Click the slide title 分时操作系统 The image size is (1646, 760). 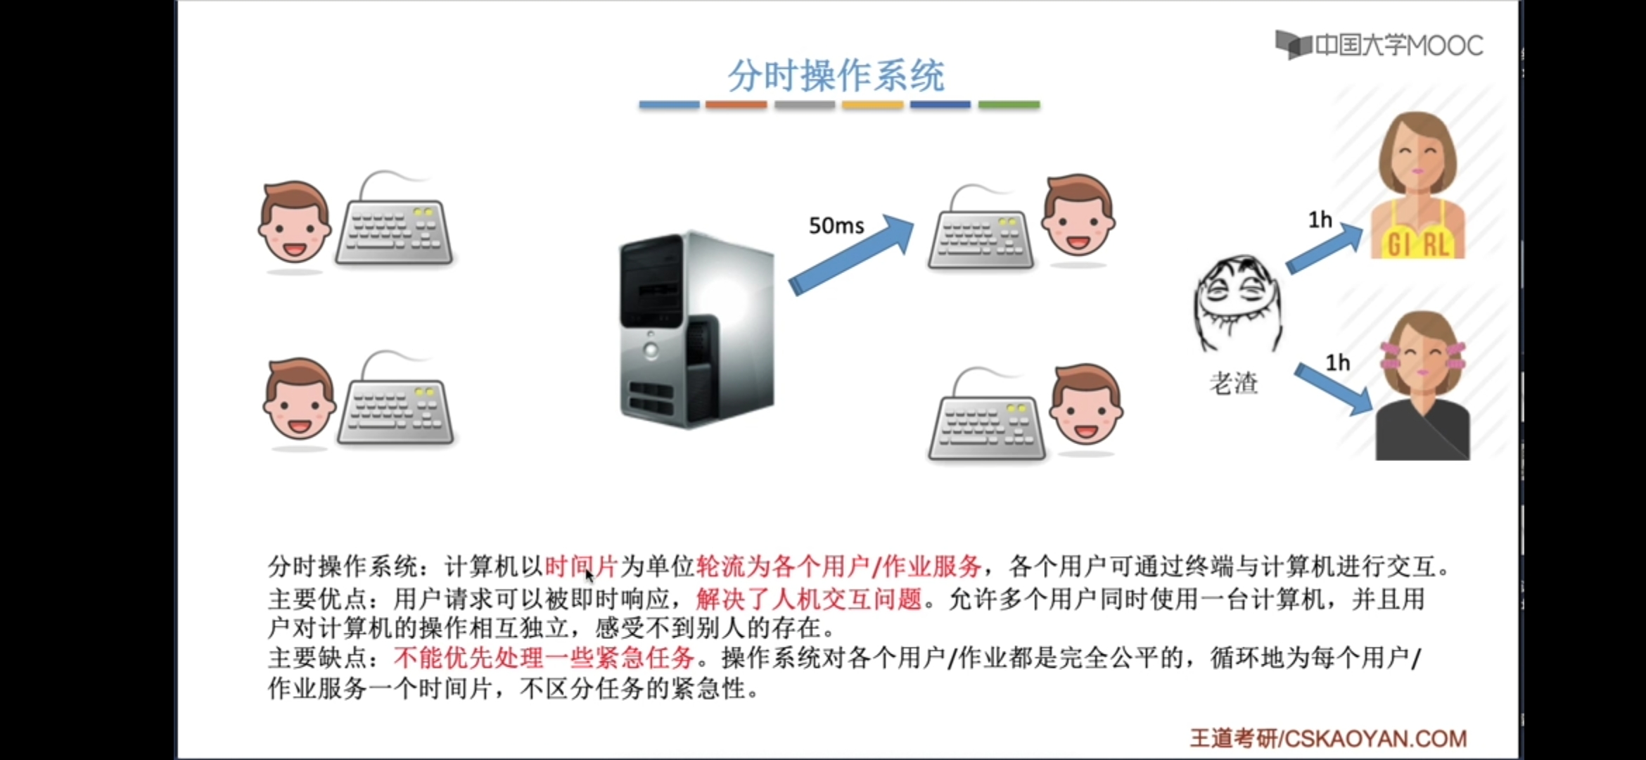pos(836,75)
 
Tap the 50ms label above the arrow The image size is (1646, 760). pos(836,226)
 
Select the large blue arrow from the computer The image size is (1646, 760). pos(851,255)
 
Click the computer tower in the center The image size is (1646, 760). pos(696,329)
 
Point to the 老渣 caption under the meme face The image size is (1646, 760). pos(1233,384)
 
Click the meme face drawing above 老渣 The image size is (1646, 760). pos(1237,303)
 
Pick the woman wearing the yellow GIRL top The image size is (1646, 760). pos(1417,186)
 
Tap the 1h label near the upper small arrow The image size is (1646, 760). pos(1320,220)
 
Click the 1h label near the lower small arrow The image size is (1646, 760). pos(1337,363)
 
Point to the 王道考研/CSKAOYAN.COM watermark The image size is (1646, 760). pos(1327,738)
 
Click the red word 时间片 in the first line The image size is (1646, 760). pos(581,566)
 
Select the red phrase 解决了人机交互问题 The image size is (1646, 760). pos(809,600)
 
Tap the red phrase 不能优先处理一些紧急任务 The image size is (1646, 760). pos(544,658)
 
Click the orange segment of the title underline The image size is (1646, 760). pos(736,105)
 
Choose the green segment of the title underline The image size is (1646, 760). pos(1009,105)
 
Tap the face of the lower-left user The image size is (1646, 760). pos(298,400)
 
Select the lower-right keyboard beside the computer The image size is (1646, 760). pos(986,426)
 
